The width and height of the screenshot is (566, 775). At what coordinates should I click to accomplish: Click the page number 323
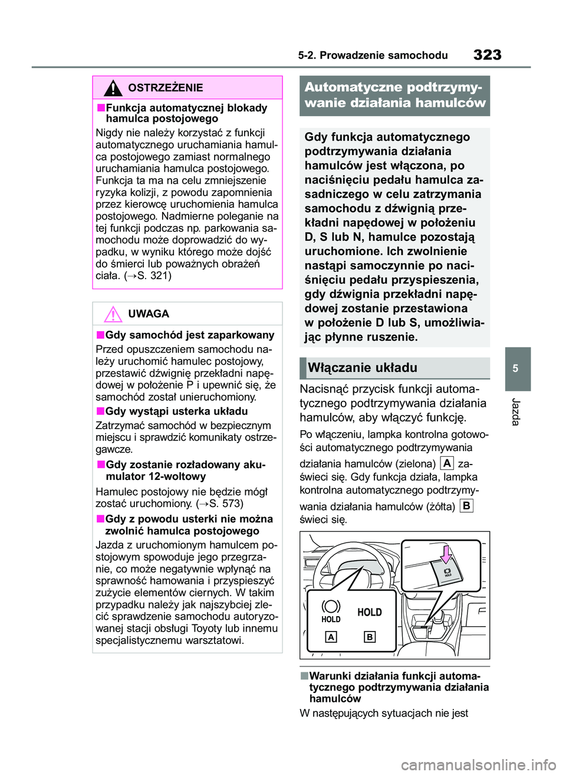coord(487,55)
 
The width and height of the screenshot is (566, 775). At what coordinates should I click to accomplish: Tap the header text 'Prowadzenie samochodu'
coord(384,55)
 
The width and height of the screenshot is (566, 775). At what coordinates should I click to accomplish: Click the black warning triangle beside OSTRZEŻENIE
coord(113,88)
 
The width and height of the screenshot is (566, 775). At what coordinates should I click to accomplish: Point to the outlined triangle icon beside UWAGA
coord(113,314)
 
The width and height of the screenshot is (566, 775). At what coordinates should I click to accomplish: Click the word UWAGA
coord(149,314)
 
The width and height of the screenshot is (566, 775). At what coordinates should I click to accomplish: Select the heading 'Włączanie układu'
coord(363,368)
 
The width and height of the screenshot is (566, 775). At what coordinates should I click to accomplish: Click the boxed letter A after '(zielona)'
coord(447,463)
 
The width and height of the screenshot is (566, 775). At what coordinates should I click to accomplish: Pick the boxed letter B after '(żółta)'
coord(466,506)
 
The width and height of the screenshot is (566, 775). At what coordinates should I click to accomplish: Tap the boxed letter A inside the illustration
coord(331,637)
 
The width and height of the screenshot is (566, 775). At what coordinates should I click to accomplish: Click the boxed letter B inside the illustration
coord(370,637)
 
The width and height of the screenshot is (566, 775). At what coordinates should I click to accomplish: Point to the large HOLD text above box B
coord(370,613)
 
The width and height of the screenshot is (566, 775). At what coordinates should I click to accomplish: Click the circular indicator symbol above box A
coord(331,606)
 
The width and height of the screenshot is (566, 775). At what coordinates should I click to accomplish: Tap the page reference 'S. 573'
coord(225,503)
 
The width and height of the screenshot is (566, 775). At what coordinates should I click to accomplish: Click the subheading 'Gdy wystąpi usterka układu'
coord(176,411)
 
